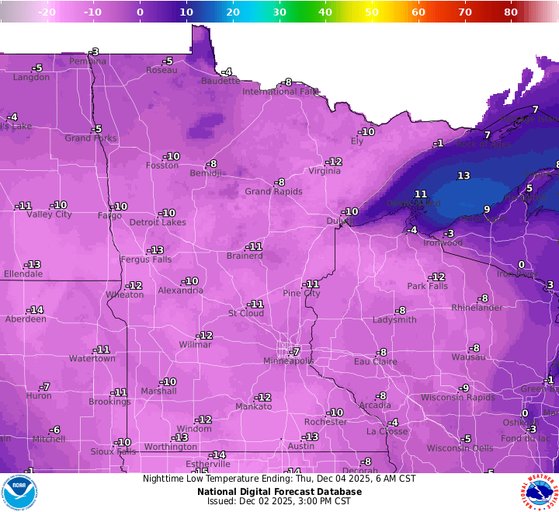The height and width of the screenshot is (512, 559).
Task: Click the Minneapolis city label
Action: click(288, 361)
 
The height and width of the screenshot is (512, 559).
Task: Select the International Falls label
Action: click(281, 92)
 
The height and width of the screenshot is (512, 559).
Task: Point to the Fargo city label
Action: click(110, 215)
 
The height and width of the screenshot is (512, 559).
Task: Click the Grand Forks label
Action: click(90, 138)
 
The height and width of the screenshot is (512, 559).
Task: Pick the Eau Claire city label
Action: click(376, 361)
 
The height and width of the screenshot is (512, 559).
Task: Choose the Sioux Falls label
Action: click(113, 451)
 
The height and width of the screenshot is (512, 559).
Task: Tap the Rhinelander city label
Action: click(477, 308)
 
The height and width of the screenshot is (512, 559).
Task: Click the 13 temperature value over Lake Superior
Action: click(464, 176)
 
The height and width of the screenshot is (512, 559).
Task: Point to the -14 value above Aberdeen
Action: click(36, 310)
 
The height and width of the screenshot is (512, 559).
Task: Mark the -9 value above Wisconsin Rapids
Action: click(464, 388)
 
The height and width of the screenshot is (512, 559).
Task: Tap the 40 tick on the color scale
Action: click(325, 12)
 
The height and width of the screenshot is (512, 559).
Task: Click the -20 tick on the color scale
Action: click(47, 12)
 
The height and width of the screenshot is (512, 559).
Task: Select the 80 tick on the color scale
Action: click(511, 12)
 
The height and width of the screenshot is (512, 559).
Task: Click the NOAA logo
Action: click(19, 492)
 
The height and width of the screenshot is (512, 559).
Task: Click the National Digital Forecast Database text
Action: click(279, 491)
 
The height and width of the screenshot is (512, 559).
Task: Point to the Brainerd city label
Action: click(245, 256)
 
